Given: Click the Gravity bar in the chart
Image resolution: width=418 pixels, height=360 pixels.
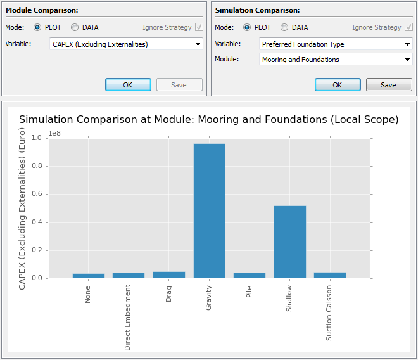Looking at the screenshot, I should click(209, 210).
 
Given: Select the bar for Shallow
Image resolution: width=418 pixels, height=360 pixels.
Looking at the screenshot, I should click(290, 241).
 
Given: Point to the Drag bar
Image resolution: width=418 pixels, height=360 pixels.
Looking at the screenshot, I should click(169, 275).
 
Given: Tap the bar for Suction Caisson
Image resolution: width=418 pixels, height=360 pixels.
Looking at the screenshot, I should click(330, 275).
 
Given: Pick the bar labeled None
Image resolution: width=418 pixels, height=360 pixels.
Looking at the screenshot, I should click(88, 276).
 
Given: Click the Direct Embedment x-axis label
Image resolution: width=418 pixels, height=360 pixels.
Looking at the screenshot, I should click(128, 318).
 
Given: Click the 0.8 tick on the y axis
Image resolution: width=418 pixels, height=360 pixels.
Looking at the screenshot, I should click(37, 166).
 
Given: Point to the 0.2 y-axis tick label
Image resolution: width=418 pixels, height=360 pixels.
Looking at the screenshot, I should click(37, 250).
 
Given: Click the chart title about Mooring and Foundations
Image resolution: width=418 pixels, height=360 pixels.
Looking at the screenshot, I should click(209, 120).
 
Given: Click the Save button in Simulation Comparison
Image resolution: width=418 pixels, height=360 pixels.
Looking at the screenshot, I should click(388, 85).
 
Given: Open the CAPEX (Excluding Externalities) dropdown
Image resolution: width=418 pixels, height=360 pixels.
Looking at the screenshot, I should click(126, 44).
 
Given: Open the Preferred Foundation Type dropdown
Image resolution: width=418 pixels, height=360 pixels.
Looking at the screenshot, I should click(336, 44).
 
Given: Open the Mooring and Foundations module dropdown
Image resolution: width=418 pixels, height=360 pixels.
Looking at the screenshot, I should click(336, 60).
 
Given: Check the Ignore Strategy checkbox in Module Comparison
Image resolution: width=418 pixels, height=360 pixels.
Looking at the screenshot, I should click(199, 27).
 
